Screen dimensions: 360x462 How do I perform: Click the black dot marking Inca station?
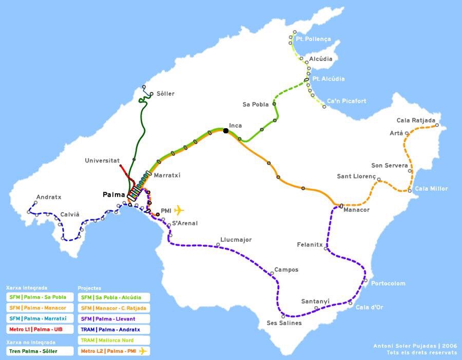coord(225,131)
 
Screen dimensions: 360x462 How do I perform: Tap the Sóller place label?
coord(165,94)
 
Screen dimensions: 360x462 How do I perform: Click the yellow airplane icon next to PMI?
coord(179,210)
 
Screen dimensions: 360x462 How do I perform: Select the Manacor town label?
coord(356,210)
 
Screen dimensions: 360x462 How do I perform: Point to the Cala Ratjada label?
coord(415,121)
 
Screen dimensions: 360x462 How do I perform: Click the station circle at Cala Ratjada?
coord(437,125)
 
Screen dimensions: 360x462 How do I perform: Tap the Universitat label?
coord(102,161)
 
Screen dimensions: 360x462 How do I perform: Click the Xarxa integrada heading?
coord(27,288)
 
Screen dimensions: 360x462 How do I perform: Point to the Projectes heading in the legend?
coord(89,288)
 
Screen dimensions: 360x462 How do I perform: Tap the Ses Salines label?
coord(284,323)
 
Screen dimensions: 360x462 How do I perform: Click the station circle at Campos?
coord(272,274)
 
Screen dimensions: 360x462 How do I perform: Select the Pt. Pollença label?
coord(314,39)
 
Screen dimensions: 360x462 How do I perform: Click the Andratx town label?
coord(49,197)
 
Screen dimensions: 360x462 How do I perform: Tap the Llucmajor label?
coord(236,239)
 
